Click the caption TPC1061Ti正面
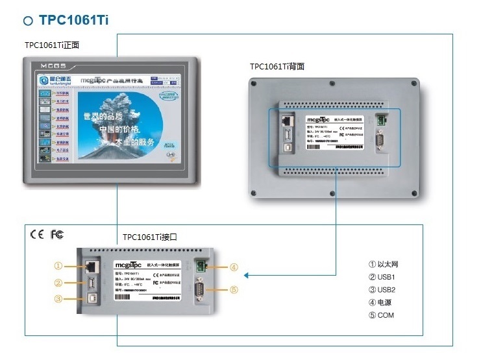tap(52, 45)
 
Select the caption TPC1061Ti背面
tap(277, 66)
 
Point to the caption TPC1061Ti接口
tap(150, 237)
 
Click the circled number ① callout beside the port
tap(58, 265)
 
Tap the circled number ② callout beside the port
tap(58, 282)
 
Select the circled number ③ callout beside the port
tap(58, 299)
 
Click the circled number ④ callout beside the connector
tap(234, 267)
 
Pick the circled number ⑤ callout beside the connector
tap(234, 289)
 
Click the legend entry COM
tap(381, 316)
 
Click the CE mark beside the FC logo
tap(37, 234)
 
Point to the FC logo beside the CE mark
tap(57, 234)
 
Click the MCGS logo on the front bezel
tap(51, 66)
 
